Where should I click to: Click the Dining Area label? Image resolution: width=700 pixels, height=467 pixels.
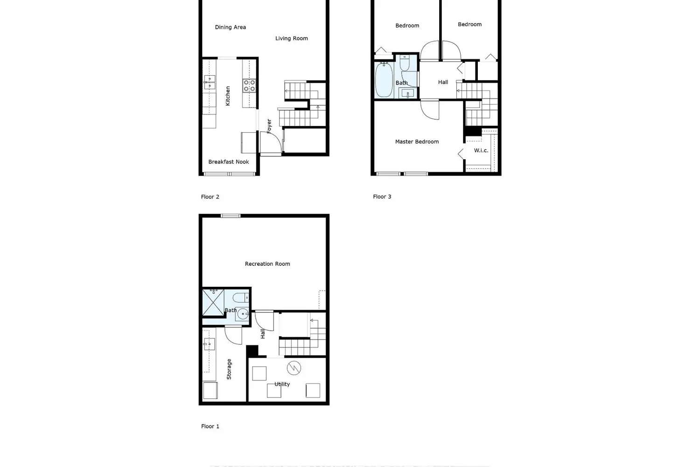point(230,27)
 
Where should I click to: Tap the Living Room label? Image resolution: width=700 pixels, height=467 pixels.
point(291,38)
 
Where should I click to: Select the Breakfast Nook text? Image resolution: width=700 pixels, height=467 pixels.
point(228,162)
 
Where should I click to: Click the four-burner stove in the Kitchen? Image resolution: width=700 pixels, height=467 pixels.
point(249,85)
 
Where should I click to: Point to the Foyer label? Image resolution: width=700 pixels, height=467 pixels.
point(269,126)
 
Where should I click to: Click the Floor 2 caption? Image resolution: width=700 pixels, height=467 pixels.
point(210,197)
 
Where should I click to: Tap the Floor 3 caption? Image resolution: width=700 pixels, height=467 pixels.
point(382,197)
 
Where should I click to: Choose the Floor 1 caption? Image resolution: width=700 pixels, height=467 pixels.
point(210,426)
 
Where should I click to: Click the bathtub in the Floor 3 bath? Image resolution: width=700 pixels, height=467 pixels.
point(384,80)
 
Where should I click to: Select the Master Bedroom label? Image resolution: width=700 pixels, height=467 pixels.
point(417,142)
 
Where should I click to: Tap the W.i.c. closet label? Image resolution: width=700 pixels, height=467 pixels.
point(481,150)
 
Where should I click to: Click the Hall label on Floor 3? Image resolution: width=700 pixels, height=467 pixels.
point(443,82)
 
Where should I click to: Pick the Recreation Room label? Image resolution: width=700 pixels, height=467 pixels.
point(267,264)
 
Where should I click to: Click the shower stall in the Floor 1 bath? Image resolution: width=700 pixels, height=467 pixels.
point(213,303)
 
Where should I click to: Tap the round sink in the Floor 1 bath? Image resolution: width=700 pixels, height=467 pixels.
point(243,314)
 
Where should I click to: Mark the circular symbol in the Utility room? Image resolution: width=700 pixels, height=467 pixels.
point(294,368)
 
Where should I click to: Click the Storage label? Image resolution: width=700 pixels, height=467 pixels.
point(229,369)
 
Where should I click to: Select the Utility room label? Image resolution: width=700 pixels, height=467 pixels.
point(282,384)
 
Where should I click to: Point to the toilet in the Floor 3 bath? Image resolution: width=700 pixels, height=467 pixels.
point(405,63)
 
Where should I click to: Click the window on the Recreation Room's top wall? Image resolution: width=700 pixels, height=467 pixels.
point(231,216)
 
